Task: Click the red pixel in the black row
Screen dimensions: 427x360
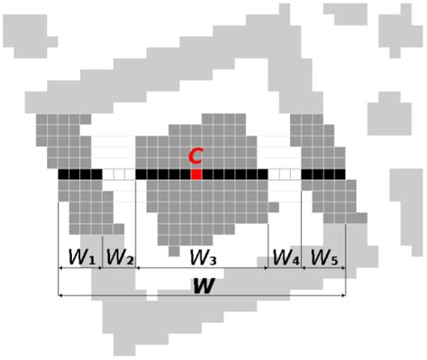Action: click(x=196, y=175)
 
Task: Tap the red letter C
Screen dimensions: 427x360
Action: click(x=195, y=157)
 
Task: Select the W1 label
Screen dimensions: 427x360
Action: click(x=82, y=257)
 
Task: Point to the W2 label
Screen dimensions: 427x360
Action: click(x=120, y=257)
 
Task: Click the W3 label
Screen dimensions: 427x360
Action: click(x=203, y=257)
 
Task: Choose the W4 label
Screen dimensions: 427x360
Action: click(x=286, y=257)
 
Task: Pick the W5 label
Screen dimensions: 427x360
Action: click(x=324, y=257)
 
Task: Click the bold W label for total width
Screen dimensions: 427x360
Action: click(x=204, y=286)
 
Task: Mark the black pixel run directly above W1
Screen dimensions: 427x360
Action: click(x=80, y=175)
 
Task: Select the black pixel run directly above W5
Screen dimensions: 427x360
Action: click(x=323, y=175)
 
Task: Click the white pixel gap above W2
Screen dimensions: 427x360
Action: click(x=119, y=175)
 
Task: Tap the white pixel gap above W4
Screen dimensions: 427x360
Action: click(x=285, y=175)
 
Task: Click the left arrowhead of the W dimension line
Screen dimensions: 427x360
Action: click(x=60, y=295)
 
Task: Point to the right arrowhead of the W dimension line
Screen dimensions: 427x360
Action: click(x=343, y=295)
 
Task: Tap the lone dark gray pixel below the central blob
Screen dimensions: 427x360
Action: click(x=174, y=251)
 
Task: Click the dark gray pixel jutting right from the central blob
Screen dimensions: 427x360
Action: click(x=274, y=207)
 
